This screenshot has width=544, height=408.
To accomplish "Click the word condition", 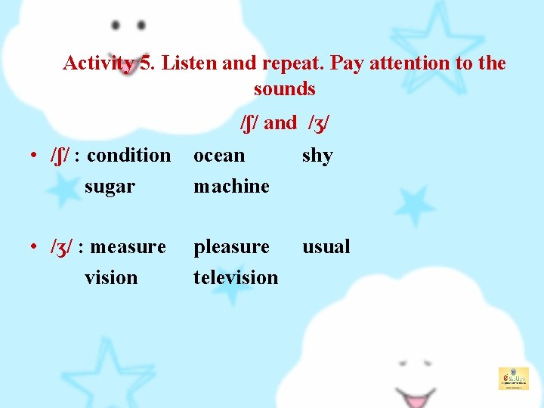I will click(129, 156).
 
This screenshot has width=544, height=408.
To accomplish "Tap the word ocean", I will click(219, 156).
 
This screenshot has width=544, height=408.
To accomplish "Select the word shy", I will click(317, 156).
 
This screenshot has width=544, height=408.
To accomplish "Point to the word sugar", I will click(110, 187).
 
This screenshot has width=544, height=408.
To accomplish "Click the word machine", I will click(231, 187).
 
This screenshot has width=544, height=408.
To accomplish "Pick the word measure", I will click(128, 247).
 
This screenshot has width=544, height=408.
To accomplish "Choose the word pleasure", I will click(231, 247).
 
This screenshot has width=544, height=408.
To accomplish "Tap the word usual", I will click(326, 247).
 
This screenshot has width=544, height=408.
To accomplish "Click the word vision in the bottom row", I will click(111, 278).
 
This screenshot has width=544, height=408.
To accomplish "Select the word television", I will click(236, 278).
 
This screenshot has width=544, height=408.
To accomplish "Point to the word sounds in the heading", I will click(284, 89).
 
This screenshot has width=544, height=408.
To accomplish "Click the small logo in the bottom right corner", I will click(513, 378).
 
